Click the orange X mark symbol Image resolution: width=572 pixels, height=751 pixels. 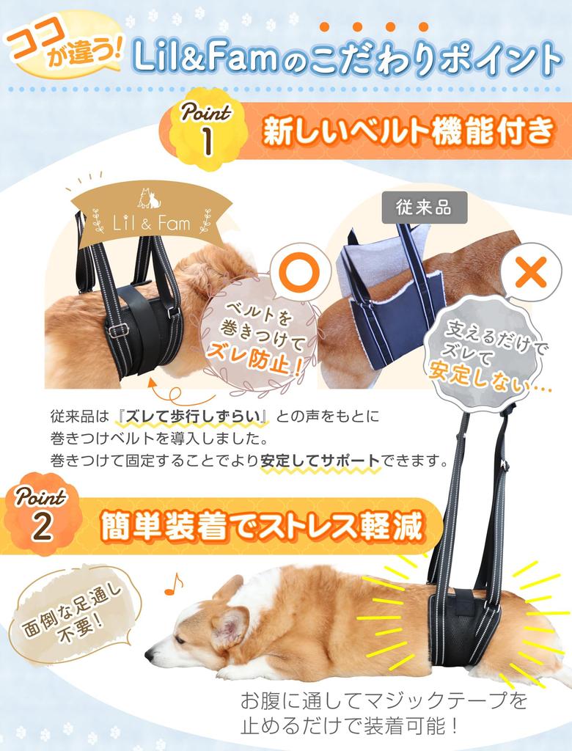click(525, 274)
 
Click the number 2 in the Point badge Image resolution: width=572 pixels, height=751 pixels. click(42, 526)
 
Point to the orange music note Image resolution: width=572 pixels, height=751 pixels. click(174, 583)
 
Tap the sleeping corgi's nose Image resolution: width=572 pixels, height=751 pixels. click(149, 654)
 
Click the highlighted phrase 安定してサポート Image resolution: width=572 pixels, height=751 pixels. click(320, 461)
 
